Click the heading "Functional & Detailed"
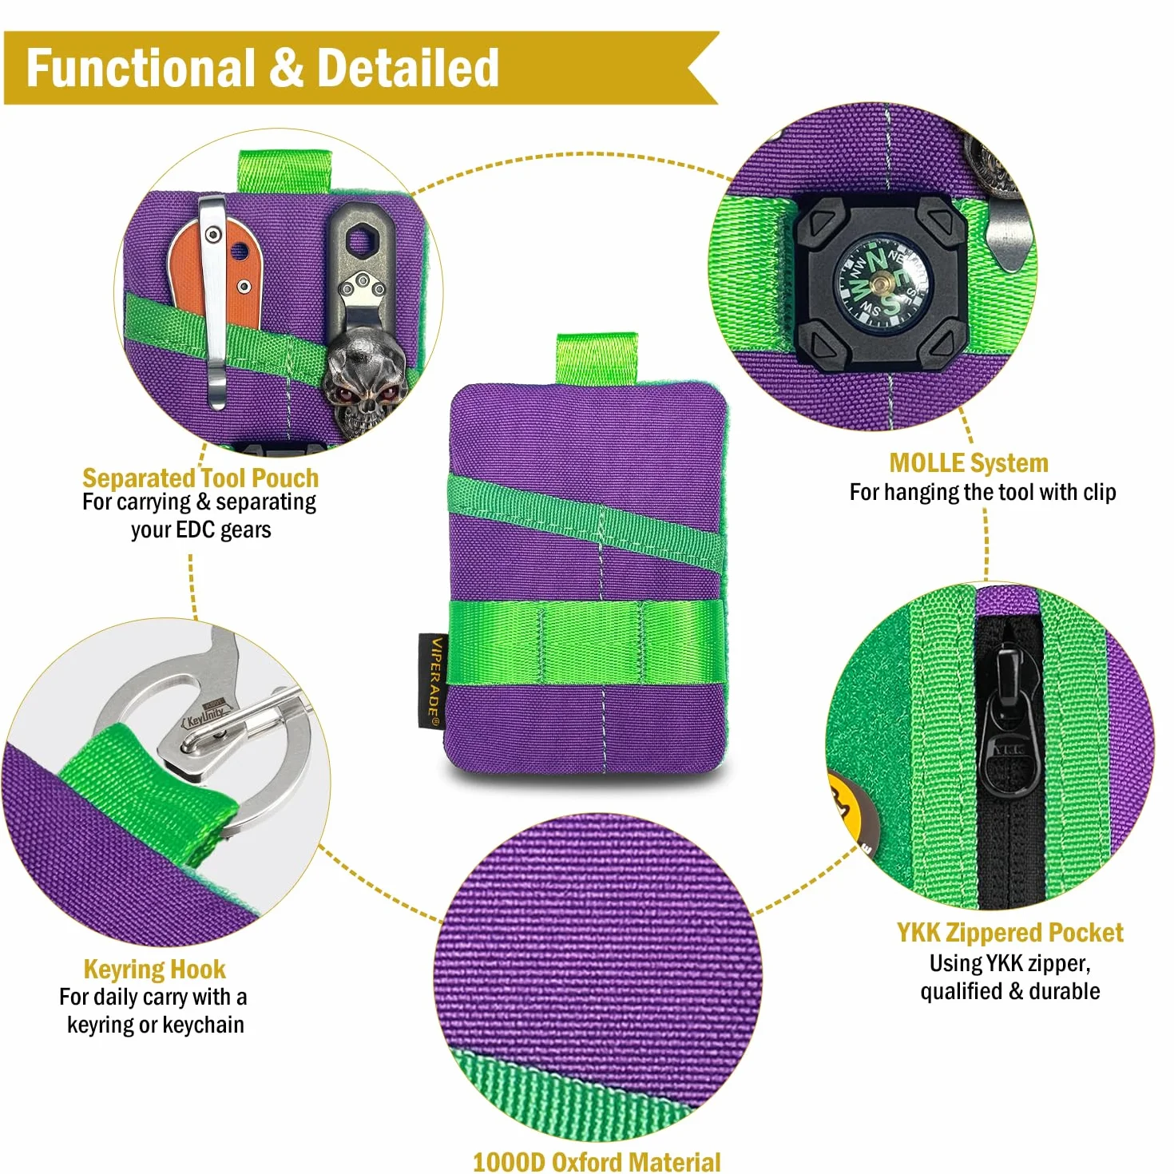263,68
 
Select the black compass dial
880,284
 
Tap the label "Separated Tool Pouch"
200,478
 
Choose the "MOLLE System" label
969,463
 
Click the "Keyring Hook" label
155,969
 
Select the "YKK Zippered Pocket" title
1010,933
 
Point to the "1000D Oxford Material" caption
597,1162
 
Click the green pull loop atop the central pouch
597,359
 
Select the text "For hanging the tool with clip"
982,492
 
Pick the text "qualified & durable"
1010,991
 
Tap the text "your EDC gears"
201,529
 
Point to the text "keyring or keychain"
156,1025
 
